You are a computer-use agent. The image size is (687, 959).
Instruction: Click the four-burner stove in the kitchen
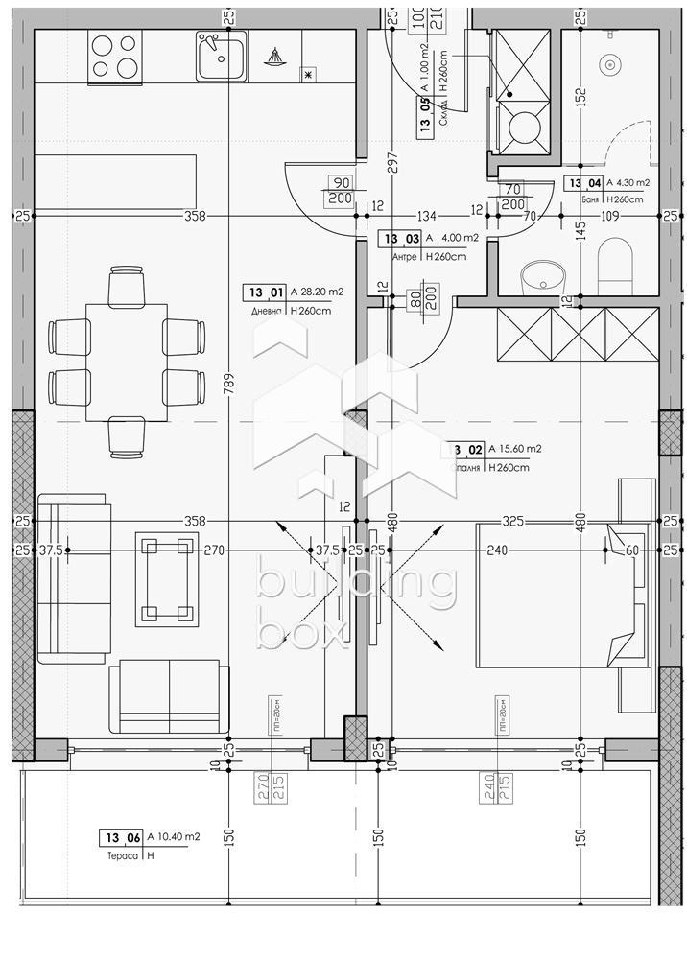tap(115, 55)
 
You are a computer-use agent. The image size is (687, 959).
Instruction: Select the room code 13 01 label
tap(266, 293)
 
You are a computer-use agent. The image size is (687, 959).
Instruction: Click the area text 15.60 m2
tap(514, 448)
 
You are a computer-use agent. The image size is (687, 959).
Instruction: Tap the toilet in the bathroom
tap(615, 266)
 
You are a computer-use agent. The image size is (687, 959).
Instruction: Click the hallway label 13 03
tap(398, 239)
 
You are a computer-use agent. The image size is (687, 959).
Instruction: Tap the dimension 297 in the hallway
tap(392, 163)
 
